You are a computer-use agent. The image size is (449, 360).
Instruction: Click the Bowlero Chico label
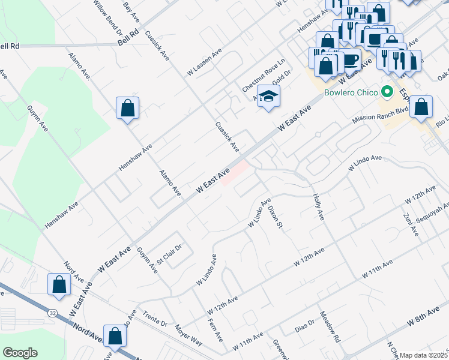[351, 92]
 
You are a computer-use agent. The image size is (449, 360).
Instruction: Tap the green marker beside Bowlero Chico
[387, 92]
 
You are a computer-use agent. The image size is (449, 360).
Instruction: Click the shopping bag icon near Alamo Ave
[127, 109]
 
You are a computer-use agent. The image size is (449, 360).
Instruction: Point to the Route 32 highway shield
[53, 313]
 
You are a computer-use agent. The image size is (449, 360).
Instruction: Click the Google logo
[20, 353]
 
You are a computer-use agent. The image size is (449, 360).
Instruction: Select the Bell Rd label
[128, 38]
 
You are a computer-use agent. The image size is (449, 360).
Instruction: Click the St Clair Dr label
[169, 254]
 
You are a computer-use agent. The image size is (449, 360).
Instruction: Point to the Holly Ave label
[317, 206]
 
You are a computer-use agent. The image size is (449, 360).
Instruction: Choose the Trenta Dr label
[155, 319]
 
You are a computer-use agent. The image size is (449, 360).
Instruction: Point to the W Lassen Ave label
[204, 62]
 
